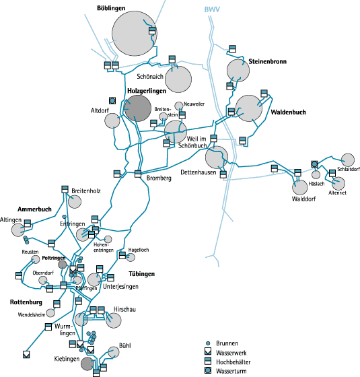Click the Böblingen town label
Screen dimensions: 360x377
111,8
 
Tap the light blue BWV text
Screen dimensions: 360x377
212,9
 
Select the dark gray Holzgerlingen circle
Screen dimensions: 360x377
138,108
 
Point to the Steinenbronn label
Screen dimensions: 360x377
268,61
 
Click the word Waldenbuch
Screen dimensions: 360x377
289,112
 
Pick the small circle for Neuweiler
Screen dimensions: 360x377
179,106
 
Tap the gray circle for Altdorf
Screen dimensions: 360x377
112,121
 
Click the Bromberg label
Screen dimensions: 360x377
159,178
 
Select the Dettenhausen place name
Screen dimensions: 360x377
199,172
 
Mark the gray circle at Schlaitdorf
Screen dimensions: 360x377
348,160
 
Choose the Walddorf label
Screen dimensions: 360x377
303,199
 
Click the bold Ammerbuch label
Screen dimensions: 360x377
34,209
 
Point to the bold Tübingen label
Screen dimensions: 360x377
141,274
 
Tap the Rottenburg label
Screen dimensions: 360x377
26,302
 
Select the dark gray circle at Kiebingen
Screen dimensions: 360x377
87,364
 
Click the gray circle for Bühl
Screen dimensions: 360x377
114,352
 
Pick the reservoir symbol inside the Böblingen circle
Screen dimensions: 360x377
152,31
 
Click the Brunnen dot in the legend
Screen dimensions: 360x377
208,343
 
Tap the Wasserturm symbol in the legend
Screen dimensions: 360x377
208,370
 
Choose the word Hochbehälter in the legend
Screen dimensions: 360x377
233,362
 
